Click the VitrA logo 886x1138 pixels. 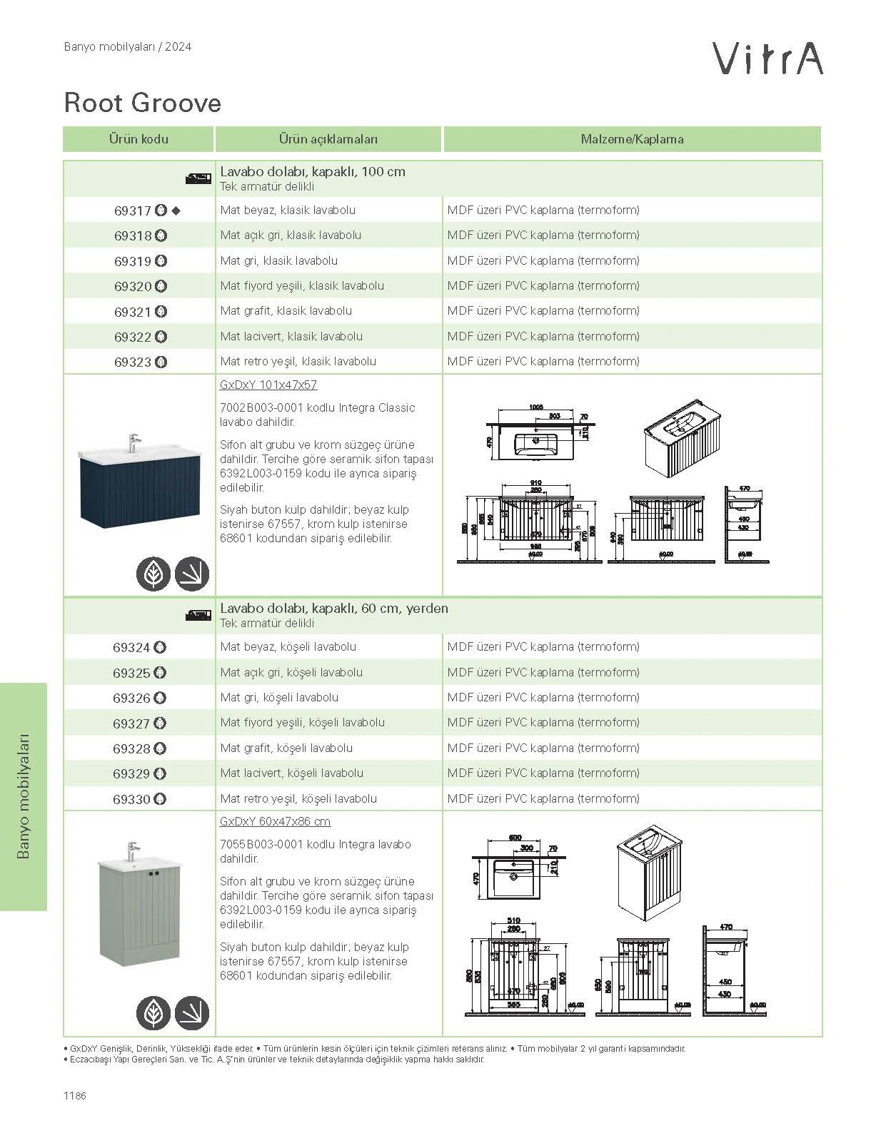(x=768, y=58)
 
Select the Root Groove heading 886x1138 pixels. (x=143, y=103)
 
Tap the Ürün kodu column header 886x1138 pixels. (x=139, y=139)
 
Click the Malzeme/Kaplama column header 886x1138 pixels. (x=632, y=139)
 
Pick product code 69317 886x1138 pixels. (x=133, y=211)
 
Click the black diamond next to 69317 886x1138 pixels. (x=176, y=210)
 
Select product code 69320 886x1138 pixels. (x=133, y=287)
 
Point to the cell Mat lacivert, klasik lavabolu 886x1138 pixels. (x=291, y=336)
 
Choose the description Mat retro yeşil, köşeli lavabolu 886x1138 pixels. (x=298, y=798)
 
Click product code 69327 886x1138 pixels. (x=131, y=723)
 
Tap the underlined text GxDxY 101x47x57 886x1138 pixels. (x=268, y=385)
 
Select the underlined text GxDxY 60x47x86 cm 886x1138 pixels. (x=275, y=822)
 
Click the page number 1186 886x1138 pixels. (x=74, y=1096)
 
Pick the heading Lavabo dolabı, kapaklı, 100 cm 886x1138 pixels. (x=313, y=172)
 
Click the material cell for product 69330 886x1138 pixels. (x=543, y=798)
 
